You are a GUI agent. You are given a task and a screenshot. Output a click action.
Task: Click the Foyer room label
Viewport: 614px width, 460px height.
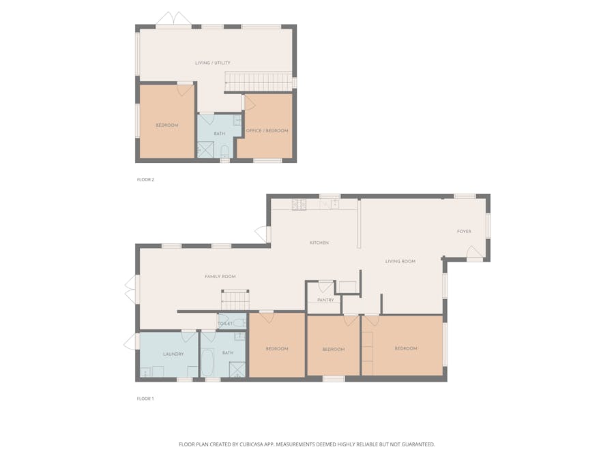pos(464,232)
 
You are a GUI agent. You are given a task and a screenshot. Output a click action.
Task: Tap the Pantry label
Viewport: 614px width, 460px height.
pos(325,300)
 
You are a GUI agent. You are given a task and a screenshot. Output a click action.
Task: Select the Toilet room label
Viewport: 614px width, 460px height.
pos(225,324)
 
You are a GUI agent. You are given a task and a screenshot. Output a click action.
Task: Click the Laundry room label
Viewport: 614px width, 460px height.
pos(173,354)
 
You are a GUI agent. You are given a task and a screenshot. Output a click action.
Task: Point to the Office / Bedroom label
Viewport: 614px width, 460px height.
pos(267,131)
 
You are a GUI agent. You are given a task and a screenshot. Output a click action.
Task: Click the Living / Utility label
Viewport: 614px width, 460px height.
pos(213,63)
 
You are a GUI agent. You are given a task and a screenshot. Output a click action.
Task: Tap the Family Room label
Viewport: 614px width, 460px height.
pos(220,277)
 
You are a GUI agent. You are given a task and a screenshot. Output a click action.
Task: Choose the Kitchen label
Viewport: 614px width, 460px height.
pos(319,243)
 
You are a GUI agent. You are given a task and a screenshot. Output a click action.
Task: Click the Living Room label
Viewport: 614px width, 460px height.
pos(400,261)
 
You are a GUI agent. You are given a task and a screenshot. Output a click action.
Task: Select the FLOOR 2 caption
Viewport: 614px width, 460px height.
pos(146,180)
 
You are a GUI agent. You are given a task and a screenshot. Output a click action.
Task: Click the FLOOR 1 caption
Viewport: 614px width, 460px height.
pos(145,399)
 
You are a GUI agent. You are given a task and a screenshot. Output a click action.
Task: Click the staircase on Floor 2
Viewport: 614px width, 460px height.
pos(259,82)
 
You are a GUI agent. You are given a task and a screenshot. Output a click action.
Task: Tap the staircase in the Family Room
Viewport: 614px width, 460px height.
pos(235,301)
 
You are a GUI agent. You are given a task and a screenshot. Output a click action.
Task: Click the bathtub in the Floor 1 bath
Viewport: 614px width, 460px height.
pos(207,363)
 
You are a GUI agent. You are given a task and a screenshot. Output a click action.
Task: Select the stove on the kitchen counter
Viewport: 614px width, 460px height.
pos(299,204)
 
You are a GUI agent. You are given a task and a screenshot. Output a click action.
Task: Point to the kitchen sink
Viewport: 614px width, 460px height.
pos(330,204)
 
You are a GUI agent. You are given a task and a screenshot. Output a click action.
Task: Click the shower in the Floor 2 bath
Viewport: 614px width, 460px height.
pos(205,150)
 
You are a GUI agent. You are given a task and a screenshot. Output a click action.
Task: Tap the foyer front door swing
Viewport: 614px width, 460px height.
pos(475,252)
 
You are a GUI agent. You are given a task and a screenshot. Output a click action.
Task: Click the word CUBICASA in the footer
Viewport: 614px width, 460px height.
pos(257,444)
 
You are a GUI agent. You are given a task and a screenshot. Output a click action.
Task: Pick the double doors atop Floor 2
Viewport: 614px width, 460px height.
pos(173,20)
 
